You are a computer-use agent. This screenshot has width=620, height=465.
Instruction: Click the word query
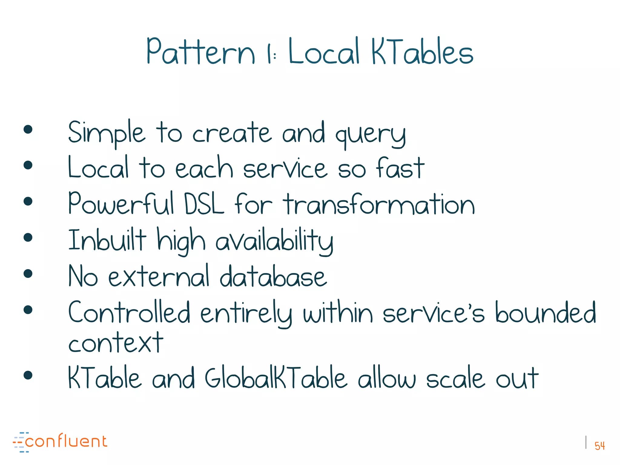[371, 135]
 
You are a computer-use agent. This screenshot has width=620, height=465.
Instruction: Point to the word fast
[400, 168]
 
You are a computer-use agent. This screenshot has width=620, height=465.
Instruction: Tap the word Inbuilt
[107, 240]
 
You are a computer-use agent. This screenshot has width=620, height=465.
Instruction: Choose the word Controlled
[129, 312]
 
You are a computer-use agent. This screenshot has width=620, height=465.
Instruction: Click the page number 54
[599, 446]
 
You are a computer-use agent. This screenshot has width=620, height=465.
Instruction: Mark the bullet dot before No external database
[28, 274]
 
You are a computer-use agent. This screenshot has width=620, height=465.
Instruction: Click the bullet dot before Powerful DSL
[28, 201]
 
